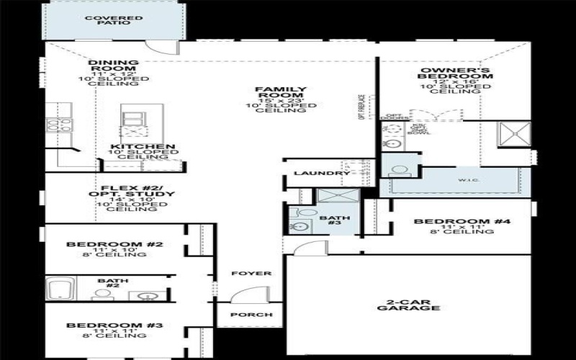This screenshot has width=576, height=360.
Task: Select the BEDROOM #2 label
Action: point(114,244)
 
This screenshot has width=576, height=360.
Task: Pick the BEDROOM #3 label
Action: point(114,325)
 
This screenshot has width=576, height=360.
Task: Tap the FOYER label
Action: point(251,274)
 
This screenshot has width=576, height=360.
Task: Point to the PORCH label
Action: point(251,315)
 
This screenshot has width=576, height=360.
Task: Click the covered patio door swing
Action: point(161,47)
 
